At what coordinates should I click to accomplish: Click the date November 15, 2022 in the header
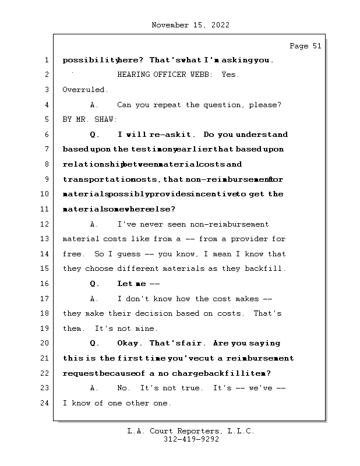190,25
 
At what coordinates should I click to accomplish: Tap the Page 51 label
305,46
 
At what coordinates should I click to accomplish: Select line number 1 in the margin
46,60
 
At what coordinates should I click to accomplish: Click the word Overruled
85,90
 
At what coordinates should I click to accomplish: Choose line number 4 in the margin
46,105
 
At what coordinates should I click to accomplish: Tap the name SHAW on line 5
106,119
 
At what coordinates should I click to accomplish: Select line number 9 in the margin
46,179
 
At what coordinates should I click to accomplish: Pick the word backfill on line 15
267,269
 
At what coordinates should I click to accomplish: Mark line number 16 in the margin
46,284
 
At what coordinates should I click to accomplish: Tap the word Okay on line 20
129,343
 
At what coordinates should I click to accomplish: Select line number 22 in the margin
46,373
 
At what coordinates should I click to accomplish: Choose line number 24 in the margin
46,403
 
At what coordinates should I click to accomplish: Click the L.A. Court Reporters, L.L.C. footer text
190,431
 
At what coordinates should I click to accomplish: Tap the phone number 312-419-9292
190,439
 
